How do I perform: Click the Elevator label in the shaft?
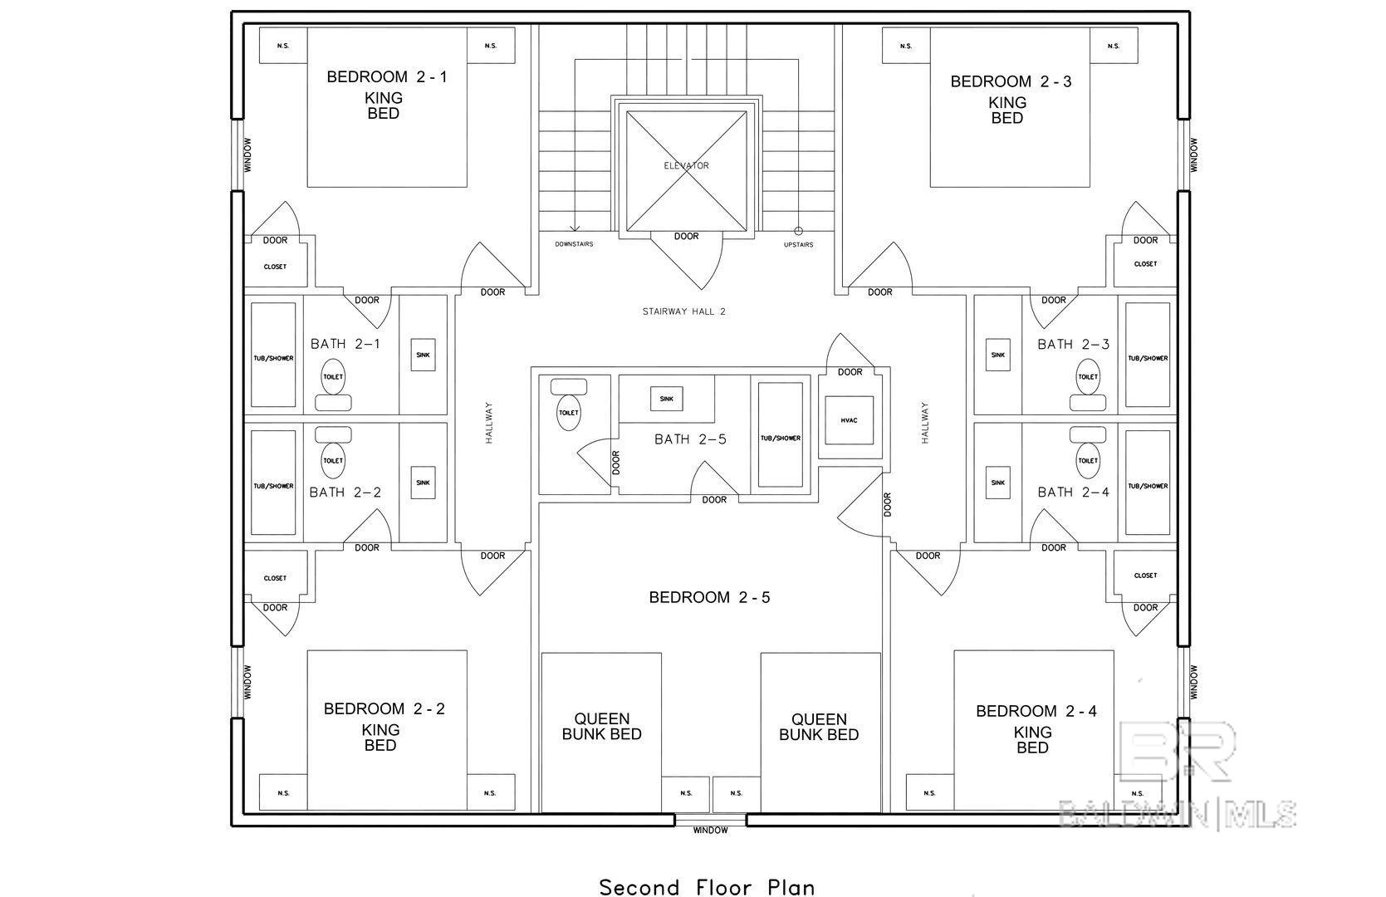(686, 166)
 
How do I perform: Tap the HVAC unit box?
(850, 420)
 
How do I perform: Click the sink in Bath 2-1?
(424, 355)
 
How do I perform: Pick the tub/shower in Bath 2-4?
(1148, 483)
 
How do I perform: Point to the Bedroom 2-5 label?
(710, 597)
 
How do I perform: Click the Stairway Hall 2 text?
(683, 311)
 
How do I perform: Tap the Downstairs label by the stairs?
(574, 244)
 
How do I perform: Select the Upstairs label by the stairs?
(799, 244)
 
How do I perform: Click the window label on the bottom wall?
(710, 831)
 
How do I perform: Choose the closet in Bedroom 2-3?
(1145, 264)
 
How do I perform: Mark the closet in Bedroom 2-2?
(276, 577)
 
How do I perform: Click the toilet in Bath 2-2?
(334, 453)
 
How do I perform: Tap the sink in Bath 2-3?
(998, 355)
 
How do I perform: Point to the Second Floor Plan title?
(708, 887)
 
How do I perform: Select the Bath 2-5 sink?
(666, 399)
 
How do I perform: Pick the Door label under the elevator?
(686, 237)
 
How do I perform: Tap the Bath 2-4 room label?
(1074, 493)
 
